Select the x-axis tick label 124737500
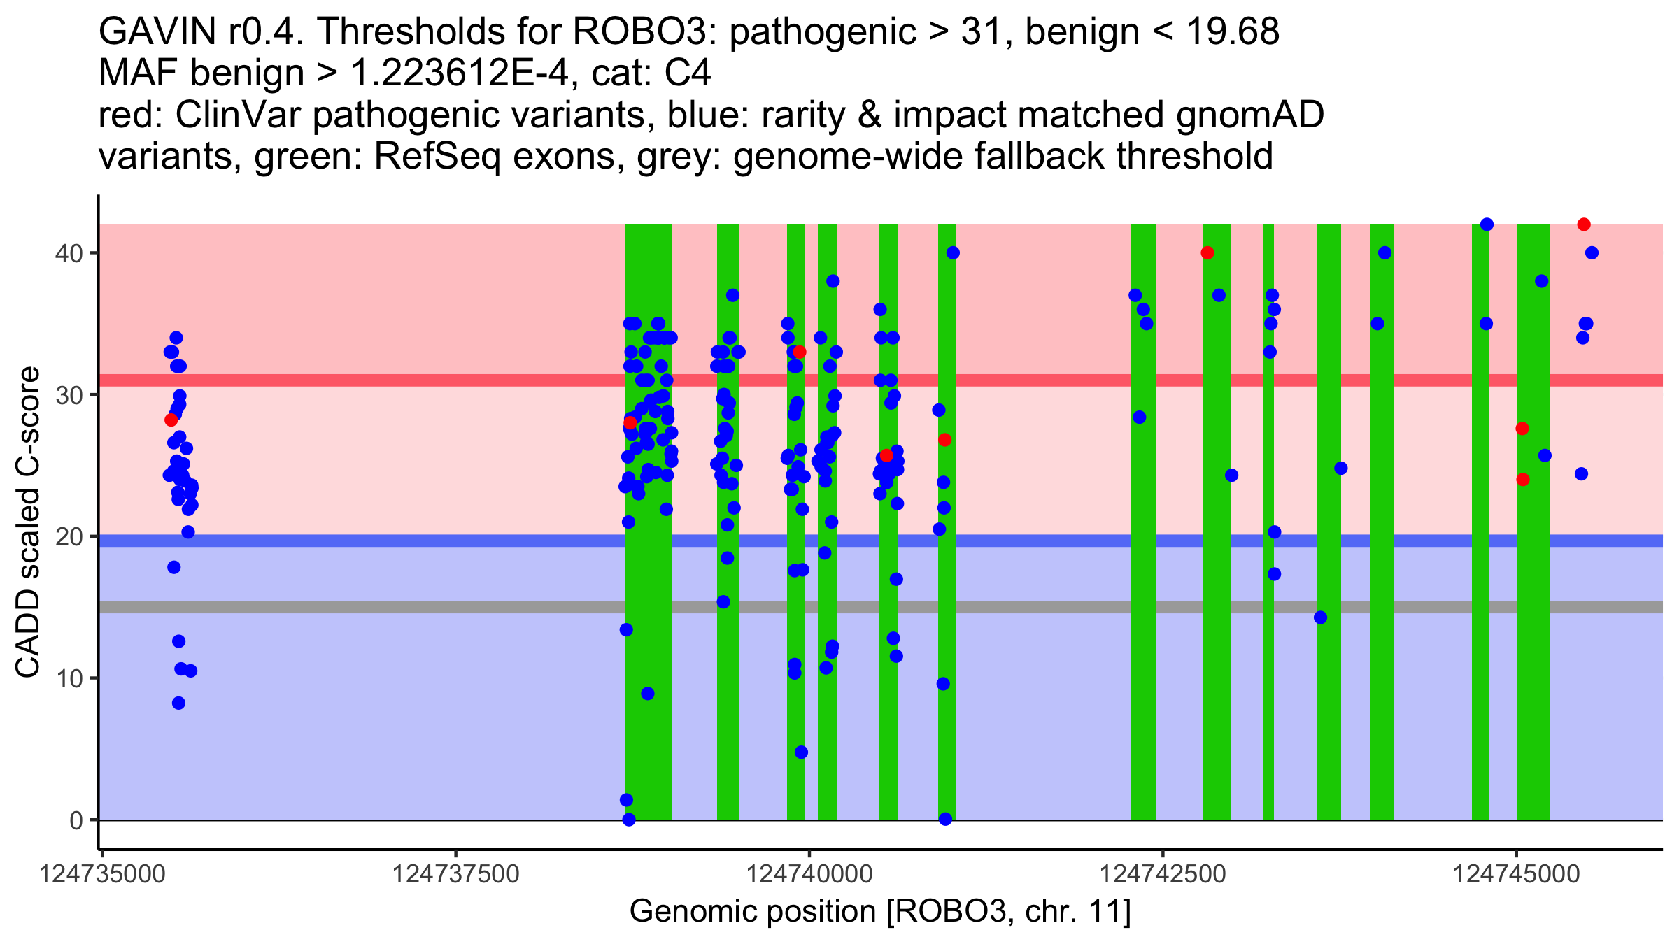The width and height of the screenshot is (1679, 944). click(456, 875)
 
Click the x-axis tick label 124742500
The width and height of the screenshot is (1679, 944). click(1163, 875)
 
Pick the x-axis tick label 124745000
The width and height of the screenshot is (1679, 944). click(1517, 875)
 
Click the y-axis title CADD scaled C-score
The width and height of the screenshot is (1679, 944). click(28, 522)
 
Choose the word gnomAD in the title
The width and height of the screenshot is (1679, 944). click(1249, 115)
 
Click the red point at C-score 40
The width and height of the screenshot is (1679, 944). click(1207, 252)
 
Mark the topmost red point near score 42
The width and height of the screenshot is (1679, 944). click(1584, 224)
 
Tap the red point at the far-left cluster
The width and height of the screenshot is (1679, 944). click(171, 420)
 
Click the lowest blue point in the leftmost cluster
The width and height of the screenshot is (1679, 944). click(178, 703)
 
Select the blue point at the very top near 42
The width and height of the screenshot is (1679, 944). click(1487, 224)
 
